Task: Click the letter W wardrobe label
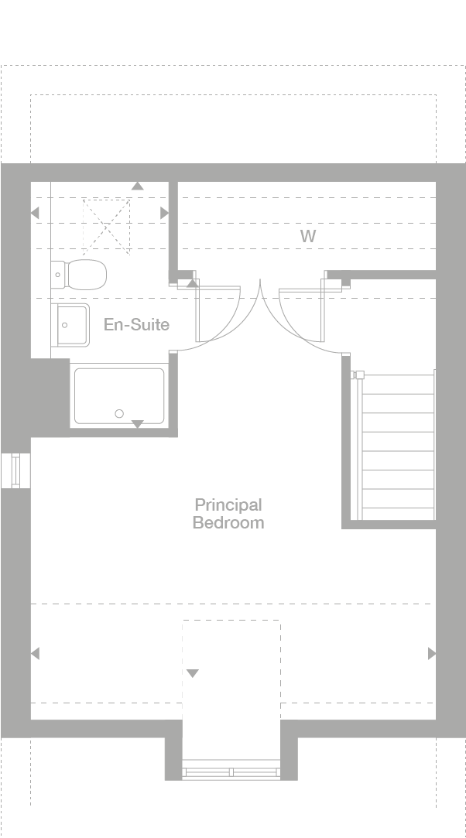click(308, 236)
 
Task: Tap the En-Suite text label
click(136, 324)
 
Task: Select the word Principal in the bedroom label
click(228, 505)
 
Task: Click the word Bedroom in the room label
click(228, 523)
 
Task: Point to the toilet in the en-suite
click(81, 273)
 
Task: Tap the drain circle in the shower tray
click(119, 414)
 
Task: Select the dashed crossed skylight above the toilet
click(106, 225)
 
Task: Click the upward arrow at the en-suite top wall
click(137, 186)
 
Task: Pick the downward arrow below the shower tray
click(137, 424)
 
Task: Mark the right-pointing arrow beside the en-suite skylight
click(164, 213)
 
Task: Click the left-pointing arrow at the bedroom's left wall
click(35, 654)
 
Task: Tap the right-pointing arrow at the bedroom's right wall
click(431, 654)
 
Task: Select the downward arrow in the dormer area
click(192, 673)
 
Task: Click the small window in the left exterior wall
click(15, 471)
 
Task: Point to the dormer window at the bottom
click(231, 771)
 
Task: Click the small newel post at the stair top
click(359, 375)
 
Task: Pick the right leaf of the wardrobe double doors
click(302, 313)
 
